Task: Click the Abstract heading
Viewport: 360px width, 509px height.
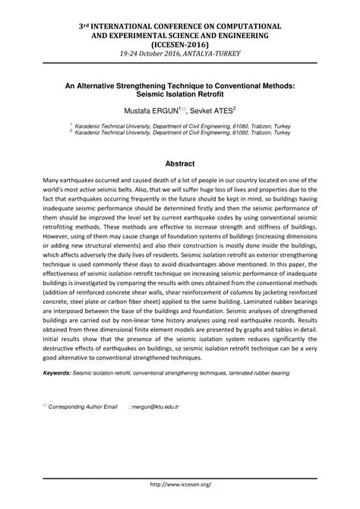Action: pyautogui.click(x=180, y=164)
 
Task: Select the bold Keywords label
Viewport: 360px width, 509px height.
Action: pyautogui.click(x=56, y=374)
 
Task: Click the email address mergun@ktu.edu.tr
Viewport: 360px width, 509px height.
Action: pyautogui.click(x=155, y=407)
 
